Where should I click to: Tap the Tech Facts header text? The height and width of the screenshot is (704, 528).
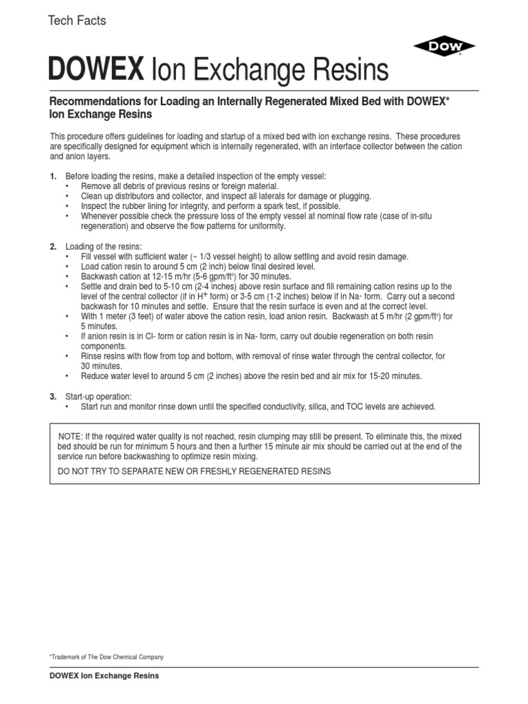tap(76, 21)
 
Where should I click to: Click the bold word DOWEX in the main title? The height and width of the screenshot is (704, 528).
tap(96, 70)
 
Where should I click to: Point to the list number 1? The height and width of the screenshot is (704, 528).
tap(53, 177)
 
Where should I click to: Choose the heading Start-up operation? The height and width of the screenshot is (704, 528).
tap(98, 397)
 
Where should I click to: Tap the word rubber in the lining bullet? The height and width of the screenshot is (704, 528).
tap(133, 206)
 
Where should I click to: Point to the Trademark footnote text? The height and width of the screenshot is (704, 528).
tap(106, 657)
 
